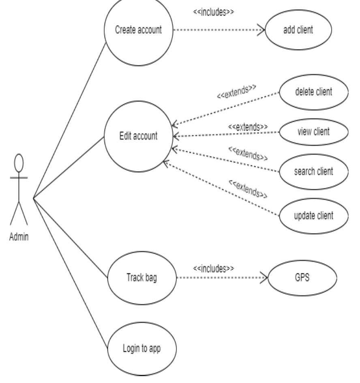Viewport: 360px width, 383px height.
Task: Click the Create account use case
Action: pyautogui.click(x=139, y=31)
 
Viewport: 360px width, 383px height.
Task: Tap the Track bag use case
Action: pyautogui.click(x=142, y=279)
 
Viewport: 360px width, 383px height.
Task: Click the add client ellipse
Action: pyautogui.click(x=298, y=30)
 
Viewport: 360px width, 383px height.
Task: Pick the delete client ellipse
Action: pyautogui.click(x=313, y=92)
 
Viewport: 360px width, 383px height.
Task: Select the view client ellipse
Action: pyautogui.click(x=313, y=131)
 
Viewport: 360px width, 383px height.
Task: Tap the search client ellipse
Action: pyautogui.click(x=313, y=171)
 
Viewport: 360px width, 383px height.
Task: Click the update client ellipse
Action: pyautogui.click(x=313, y=215)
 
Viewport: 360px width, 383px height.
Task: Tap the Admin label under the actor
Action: pyautogui.click(x=19, y=237)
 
